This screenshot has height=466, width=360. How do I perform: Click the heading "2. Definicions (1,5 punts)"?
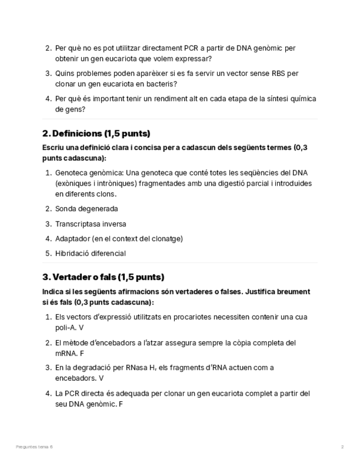tap(96, 134)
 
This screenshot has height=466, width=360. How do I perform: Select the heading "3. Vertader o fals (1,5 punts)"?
tap(103, 277)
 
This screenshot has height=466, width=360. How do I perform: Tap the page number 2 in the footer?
tap(342, 447)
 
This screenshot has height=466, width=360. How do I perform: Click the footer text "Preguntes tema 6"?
tap(35, 447)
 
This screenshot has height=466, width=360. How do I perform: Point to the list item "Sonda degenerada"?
tap(86, 209)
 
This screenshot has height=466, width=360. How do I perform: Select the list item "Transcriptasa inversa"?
tap(91, 224)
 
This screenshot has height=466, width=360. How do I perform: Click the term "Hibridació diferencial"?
tap(91, 253)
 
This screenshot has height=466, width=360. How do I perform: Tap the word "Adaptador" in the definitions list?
tap(72, 238)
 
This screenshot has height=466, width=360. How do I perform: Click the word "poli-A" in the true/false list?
tap(65, 328)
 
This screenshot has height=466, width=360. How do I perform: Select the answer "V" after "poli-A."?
tap(81, 328)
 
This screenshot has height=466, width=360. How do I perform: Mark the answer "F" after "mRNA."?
tap(82, 353)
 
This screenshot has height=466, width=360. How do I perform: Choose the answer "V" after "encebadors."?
tap(101, 378)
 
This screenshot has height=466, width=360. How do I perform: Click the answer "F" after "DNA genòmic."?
tap(120, 404)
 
